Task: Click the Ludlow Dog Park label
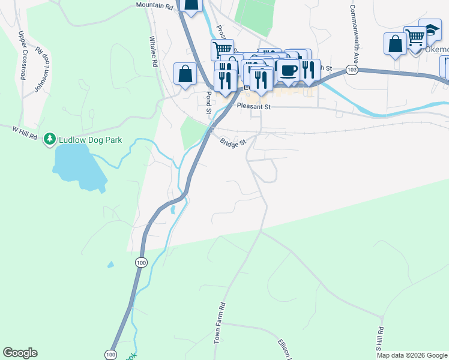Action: pyautogui.click(x=90, y=140)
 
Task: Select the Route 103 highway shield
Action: pyautogui.click(x=352, y=70)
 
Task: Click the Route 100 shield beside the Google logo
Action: pyautogui.click(x=110, y=355)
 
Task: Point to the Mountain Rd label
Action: pyautogui.click(x=154, y=5)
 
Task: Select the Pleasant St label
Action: pyautogui.click(x=254, y=106)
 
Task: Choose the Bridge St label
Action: pyautogui.click(x=233, y=143)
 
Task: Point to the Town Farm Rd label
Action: pyautogui.click(x=220, y=323)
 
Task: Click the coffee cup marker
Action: pyautogui.click(x=288, y=70)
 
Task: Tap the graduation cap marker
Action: pyautogui.click(x=430, y=28)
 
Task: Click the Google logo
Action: pyautogui.click(x=20, y=353)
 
